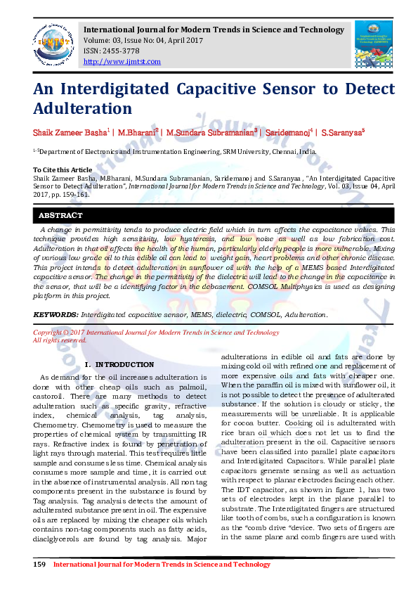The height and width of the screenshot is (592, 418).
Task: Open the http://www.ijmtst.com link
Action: point(122,62)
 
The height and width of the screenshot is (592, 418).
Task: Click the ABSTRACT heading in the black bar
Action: point(60,215)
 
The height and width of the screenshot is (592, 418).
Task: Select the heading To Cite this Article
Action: point(63,170)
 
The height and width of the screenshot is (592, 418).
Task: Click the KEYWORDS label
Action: point(55,314)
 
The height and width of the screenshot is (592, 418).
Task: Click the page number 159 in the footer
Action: point(40,565)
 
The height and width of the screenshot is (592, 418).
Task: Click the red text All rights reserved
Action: point(60,340)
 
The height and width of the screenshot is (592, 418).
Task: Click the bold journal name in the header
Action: point(214,30)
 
